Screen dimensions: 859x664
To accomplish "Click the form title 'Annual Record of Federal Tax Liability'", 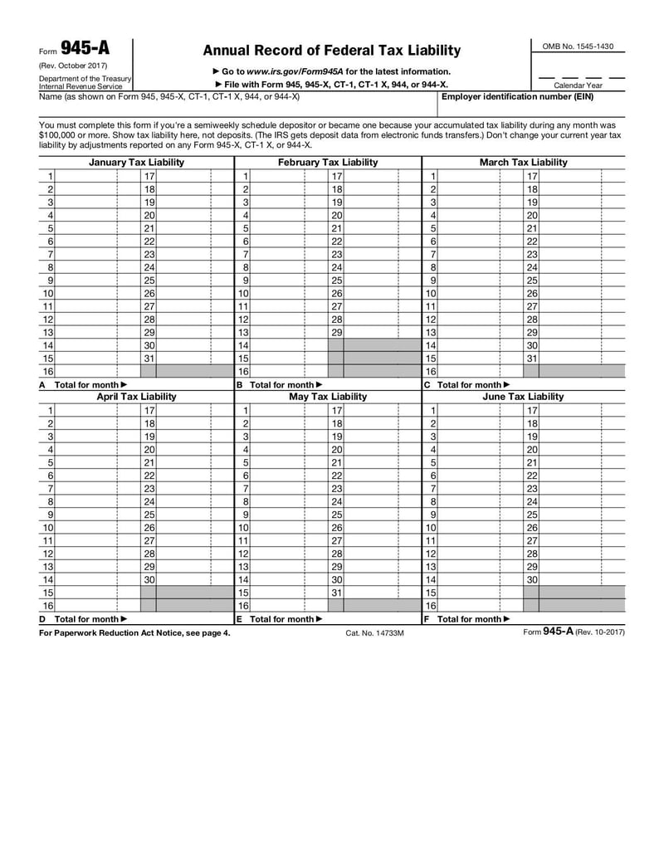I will (x=331, y=51).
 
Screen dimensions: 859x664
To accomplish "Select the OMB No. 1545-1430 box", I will (x=578, y=46).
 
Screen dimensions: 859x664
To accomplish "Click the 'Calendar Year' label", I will (x=578, y=85).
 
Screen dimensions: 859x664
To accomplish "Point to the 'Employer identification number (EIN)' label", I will (x=517, y=96).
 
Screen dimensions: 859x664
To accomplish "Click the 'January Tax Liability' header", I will (x=136, y=163).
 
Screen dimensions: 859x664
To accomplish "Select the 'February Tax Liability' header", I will (x=328, y=163).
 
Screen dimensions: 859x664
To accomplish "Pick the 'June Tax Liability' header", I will (x=523, y=397).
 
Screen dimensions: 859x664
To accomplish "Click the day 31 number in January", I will (x=149, y=359).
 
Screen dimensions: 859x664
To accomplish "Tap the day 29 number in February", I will (x=336, y=332).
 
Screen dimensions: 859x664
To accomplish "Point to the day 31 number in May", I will (x=336, y=593).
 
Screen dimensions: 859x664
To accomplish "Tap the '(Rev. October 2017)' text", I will (x=73, y=66).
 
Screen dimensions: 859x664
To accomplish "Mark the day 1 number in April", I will (x=51, y=410).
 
